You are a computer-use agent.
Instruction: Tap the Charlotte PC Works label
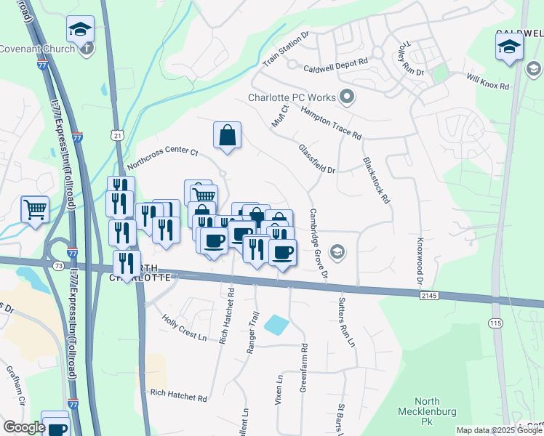pos(292,97)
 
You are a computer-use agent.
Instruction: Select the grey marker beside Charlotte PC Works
pos(347,97)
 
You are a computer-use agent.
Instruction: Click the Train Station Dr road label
pos(286,49)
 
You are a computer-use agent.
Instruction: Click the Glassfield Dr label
pos(316,158)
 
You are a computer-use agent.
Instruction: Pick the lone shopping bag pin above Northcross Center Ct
pos(227,135)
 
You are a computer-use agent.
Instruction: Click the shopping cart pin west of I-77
pos(35,210)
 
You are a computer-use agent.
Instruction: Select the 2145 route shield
pos(429,295)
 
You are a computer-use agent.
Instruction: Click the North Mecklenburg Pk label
pos(436,411)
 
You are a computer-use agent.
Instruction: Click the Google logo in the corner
pos(24,427)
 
